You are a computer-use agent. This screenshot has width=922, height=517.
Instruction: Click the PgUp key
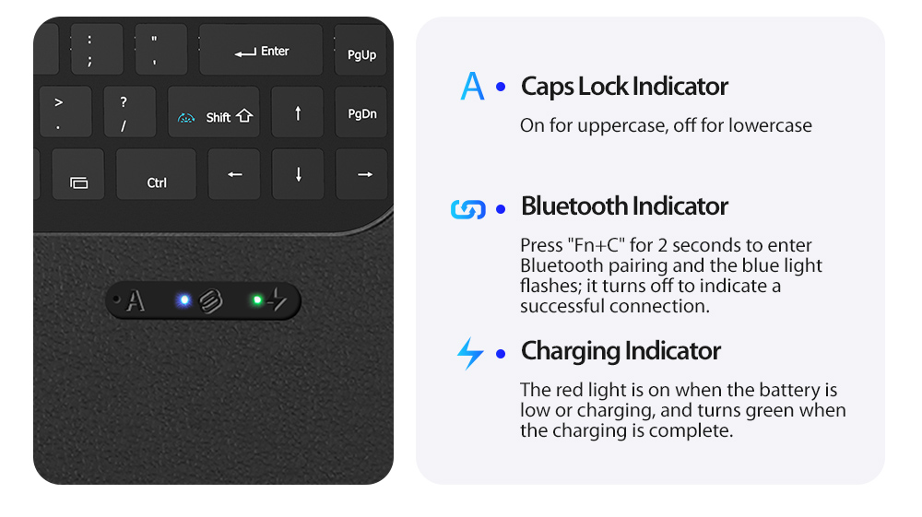[x=361, y=50]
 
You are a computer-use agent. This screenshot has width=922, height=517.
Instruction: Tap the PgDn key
[x=361, y=112]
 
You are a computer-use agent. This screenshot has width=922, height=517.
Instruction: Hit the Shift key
[x=214, y=112]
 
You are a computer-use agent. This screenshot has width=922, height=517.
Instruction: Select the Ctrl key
[x=157, y=174]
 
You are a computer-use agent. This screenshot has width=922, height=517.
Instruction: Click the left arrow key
[x=234, y=174]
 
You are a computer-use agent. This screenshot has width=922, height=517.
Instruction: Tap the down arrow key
[x=298, y=174]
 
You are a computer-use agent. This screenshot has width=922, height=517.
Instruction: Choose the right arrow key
[x=362, y=174]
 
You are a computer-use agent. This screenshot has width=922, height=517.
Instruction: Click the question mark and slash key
[x=130, y=112]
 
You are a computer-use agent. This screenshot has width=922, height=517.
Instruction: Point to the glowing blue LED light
[x=184, y=300]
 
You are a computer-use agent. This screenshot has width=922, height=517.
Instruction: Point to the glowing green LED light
[x=257, y=300]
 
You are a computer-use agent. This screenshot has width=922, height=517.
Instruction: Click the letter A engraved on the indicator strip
[x=136, y=300]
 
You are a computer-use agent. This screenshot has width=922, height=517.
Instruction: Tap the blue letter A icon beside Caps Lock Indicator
[x=472, y=86]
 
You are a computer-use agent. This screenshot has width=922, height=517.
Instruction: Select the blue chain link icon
[x=468, y=208]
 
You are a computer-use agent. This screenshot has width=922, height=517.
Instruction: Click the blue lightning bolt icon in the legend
[x=470, y=353]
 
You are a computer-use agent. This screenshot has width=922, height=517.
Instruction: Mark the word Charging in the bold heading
[x=571, y=352]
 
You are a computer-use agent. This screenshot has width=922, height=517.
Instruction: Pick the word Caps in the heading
[x=547, y=88]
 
